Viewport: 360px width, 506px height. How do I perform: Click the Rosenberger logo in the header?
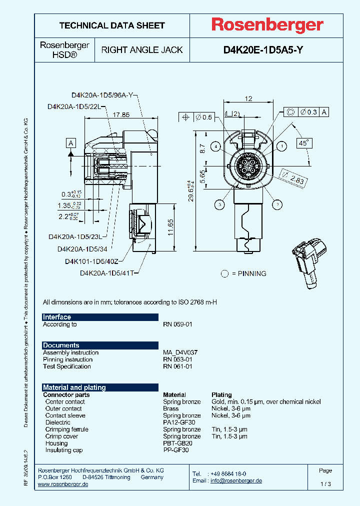[266, 25]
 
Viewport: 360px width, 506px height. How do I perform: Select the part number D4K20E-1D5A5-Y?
[262, 50]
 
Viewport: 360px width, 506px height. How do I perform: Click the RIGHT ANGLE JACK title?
[142, 50]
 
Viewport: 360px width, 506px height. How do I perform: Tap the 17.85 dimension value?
[121, 114]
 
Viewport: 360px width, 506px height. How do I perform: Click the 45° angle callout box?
[303, 143]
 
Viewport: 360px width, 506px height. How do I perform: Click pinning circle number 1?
[281, 146]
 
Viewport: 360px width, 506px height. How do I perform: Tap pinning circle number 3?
[219, 203]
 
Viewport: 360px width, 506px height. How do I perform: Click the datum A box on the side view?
[71, 144]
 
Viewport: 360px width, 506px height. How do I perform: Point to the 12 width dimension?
[248, 98]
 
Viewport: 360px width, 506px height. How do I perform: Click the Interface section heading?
[57, 317]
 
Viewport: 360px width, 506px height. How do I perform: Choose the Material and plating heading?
[74, 387]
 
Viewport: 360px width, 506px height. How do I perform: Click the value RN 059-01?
[177, 324]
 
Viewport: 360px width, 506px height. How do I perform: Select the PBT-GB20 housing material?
[177, 443]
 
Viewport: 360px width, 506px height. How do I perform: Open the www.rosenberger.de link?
[63, 484]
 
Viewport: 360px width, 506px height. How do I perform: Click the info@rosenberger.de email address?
[236, 480]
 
